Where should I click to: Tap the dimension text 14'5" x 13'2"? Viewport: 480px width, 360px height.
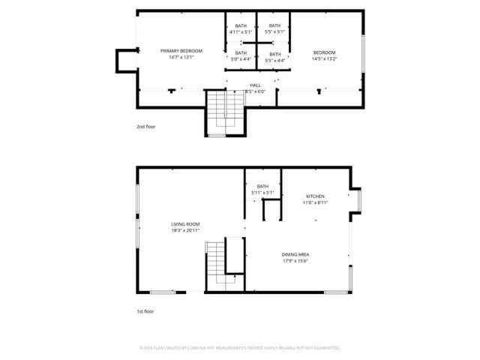[325, 57]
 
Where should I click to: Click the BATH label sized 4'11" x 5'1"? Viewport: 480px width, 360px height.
[241, 25]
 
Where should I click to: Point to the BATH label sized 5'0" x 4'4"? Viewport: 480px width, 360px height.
[241, 52]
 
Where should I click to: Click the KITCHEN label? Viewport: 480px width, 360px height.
[314, 196]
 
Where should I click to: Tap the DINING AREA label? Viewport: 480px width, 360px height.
[295, 255]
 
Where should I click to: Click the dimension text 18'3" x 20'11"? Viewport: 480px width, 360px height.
[184, 231]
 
